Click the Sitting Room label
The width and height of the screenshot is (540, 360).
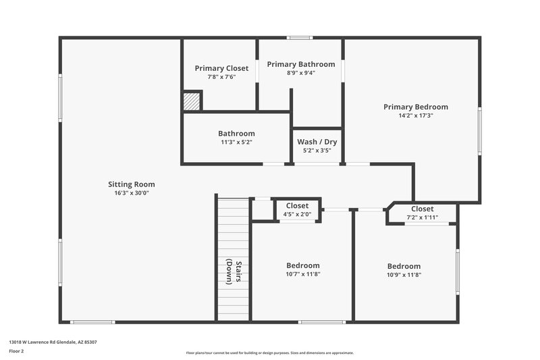pyautogui.click(x=132, y=184)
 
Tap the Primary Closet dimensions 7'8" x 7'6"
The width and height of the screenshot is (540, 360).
pyautogui.click(x=221, y=77)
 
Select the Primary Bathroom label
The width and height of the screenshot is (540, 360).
pyautogui.click(x=300, y=64)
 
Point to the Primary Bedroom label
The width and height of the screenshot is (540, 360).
pyautogui.click(x=415, y=107)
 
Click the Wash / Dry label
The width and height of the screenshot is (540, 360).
pyautogui.click(x=317, y=142)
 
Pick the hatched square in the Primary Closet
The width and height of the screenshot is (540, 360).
pyautogui.click(x=192, y=101)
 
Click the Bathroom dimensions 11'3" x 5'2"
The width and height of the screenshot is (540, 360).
pyautogui.click(x=236, y=143)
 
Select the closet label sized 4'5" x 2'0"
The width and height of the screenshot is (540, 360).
pyautogui.click(x=297, y=205)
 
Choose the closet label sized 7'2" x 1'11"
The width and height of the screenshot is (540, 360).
pyautogui.click(x=422, y=209)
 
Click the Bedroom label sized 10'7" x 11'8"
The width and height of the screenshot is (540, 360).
pyautogui.click(x=302, y=265)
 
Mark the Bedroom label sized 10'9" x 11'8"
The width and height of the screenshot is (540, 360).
pyautogui.click(x=404, y=266)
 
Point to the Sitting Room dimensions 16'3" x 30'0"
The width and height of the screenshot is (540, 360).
pyautogui.click(x=132, y=192)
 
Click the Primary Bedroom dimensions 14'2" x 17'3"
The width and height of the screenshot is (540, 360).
pyautogui.click(x=415, y=115)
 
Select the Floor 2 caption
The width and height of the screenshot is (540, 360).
pyautogui.click(x=16, y=351)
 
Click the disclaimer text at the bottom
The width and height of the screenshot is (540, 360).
pyautogui.click(x=269, y=353)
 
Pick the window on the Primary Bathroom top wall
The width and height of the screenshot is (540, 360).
pyautogui.click(x=299, y=38)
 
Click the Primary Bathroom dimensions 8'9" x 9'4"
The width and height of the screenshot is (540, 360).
pyautogui.click(x=300, y=72)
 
